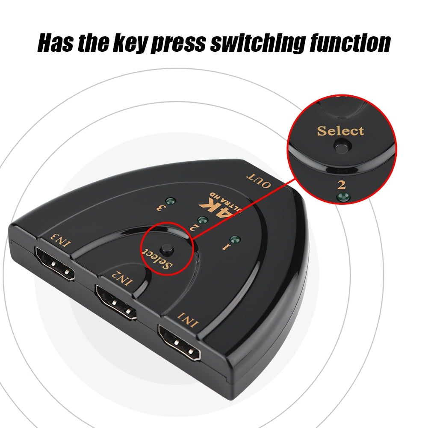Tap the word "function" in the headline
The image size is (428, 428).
click(350, 43)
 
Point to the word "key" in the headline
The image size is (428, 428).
click(130, 43)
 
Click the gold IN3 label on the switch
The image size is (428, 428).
click(60, 240)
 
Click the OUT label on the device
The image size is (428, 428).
click(259, 180)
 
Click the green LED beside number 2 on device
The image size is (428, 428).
click(203, 220)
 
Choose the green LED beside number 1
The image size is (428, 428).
click(235, 240)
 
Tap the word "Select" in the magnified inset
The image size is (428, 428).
click(340, 131)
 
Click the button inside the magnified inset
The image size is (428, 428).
click(343, 145)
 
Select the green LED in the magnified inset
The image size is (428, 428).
click(344, 197)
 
